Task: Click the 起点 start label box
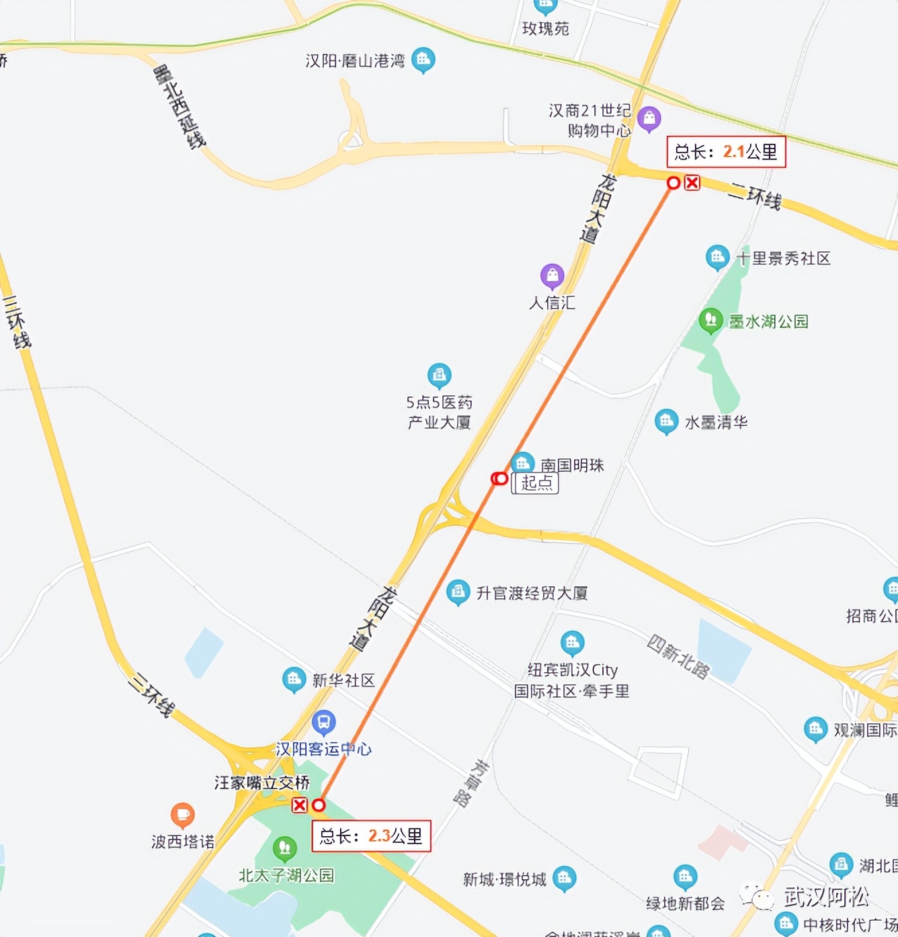point(536,483)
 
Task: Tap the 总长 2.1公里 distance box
point(726,152)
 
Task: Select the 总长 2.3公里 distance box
point(371,836)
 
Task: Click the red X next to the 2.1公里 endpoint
point(692,182)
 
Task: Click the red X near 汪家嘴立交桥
point(300,805)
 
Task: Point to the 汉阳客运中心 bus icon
point(324,723)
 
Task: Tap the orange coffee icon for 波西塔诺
point(182,815)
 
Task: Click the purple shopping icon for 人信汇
point(552,275)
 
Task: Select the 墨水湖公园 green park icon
point(710,320)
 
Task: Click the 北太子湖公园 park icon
point(284,848)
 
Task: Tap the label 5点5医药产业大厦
point(439,412)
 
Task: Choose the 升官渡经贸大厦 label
point(532,593)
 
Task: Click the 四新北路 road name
point(678,657)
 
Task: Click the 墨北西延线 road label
point(179,106)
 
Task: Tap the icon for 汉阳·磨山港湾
point(423,60)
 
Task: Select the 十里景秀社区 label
point(783,259)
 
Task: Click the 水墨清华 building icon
point(666,421)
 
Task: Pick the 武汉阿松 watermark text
point(826,896)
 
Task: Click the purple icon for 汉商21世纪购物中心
point(649,118)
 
